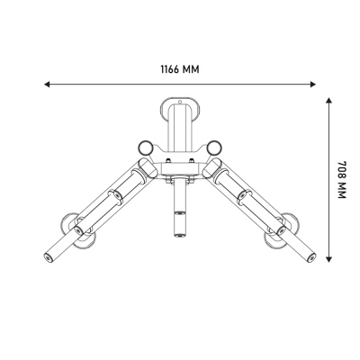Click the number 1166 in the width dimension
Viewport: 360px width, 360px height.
(x=170, y=69)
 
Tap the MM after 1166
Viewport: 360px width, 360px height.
(x=191, y=69)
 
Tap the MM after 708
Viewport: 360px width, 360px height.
(x=342, y=190)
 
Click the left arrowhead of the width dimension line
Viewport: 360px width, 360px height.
(x=47, y=85)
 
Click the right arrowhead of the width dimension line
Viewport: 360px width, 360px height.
(x=313, y=85)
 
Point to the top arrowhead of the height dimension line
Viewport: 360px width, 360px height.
(x=329, y=101)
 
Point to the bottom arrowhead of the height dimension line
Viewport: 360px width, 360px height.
(x=329, y=259)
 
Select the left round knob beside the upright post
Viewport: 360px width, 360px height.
(x=146, y=148)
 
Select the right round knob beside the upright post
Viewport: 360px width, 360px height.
(x=214, y=148)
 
